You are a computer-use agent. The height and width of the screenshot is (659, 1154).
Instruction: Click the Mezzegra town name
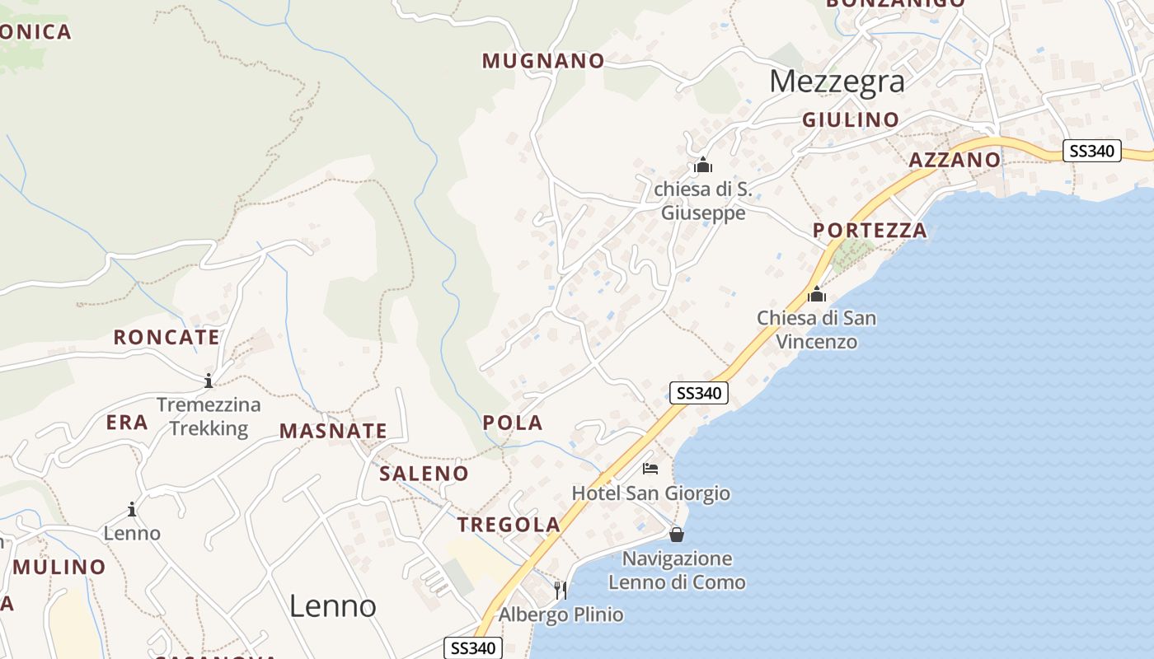[837, 82]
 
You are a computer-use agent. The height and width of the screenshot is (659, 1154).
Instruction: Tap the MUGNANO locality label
[543, 61]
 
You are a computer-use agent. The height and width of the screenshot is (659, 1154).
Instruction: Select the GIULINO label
[851, 120]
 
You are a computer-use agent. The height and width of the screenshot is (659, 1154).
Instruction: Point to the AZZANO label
[955, 161]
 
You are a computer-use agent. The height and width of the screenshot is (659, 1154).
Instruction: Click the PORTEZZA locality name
[870, 231]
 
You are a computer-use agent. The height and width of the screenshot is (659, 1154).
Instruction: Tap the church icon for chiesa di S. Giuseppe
[702, 166]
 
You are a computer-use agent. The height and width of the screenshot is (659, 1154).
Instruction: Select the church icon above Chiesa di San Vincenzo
[816, 294]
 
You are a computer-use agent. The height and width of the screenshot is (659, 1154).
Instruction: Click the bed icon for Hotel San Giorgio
[650, 470]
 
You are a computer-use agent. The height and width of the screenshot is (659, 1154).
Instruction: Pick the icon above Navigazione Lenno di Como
[677, 535]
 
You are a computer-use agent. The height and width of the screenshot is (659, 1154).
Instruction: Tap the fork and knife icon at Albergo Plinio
[561, 590]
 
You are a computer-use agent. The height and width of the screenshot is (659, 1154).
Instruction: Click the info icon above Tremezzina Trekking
[209, 381]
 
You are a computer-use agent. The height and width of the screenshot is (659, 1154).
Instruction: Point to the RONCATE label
[167, 338]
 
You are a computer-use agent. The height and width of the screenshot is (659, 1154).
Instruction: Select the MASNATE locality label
[333, 431]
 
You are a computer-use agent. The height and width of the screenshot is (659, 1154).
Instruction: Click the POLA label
[512, 423]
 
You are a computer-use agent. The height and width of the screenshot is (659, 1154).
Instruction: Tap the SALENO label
[424, 474]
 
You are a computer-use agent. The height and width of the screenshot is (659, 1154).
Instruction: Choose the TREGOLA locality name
[509, 525]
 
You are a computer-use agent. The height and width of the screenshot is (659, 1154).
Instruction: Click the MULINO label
[59, 568]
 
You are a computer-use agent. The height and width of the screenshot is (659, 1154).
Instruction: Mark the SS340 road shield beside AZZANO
[1091, 151]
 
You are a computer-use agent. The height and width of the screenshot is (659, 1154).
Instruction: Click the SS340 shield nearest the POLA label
[697, 393]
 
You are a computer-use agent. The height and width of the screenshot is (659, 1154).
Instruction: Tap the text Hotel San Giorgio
[650, 493]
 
